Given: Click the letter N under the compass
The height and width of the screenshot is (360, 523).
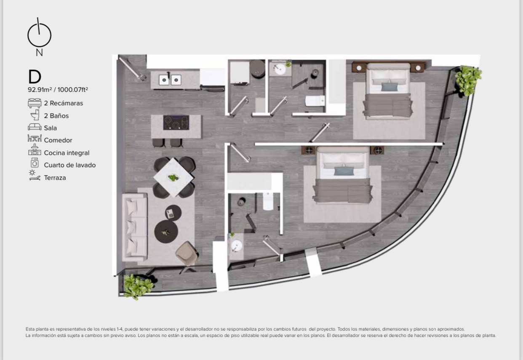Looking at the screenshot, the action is click(x=39, y=53).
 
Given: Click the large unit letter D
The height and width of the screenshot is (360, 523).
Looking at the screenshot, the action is click(x=35, y=77).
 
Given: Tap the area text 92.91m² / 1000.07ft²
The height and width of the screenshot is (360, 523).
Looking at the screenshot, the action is click(x=58, y=90).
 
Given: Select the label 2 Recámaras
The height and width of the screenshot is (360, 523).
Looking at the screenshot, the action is click(x=64, y=103).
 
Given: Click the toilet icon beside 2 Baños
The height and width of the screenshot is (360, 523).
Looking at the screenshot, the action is click(x=35, y=115).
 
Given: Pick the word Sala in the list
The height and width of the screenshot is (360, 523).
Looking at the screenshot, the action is click(x=51, y=128).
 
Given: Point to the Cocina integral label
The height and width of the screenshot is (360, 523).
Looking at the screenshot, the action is click(x=67, y=153).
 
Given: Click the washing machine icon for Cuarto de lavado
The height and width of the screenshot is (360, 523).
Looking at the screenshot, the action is click(x=35, y=163).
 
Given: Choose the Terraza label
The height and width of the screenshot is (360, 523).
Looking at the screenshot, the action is click(x=55, y=178).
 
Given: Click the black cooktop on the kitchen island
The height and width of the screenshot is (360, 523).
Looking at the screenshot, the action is click(x=176, y=123).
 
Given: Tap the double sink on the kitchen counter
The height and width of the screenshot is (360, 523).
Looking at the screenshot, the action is click(x=170, y=80).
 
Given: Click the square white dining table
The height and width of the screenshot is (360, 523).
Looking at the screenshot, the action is click(x=173, y=177).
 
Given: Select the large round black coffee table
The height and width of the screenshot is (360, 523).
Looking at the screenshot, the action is click(x=166, y=231).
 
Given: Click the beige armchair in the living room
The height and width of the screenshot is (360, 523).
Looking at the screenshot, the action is click(x=187, y=253).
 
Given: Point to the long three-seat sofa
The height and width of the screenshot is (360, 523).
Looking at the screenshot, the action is click(x=135, y=227).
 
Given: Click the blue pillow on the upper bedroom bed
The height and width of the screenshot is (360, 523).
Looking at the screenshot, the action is click(x=390, y=87).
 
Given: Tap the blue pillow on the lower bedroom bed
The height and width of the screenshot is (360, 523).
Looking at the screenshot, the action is click(x=344, y=171).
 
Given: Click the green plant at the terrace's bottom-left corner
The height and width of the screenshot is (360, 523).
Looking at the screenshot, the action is click(x=138, y=286).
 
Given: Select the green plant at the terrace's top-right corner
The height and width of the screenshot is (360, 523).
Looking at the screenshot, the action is click(x=468, y=80).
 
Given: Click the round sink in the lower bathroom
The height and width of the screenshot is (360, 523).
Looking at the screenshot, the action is click(x=237, y=245).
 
